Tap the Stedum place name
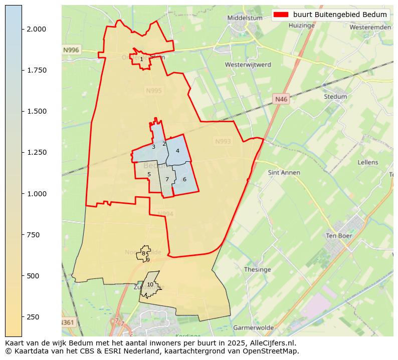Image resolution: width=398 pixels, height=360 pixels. [335, 97]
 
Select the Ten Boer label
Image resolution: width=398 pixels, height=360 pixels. [339, 236]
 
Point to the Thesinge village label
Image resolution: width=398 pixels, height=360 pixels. [257, 269]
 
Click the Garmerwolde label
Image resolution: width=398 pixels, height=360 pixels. [253, 327]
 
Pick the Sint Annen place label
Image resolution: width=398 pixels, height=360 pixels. [284, 173]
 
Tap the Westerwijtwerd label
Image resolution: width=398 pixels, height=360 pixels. [248, 65]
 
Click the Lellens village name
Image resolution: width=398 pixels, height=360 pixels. [368, 162]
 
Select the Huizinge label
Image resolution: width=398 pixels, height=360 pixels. [301, 25]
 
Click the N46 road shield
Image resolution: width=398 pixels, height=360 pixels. [281, 99]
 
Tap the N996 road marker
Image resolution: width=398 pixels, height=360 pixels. [71, 50]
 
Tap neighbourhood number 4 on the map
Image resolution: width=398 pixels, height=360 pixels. [177, 151]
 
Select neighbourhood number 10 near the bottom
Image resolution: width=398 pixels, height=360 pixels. [150, 284]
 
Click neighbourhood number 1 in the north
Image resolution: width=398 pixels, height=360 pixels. [141, 59]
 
